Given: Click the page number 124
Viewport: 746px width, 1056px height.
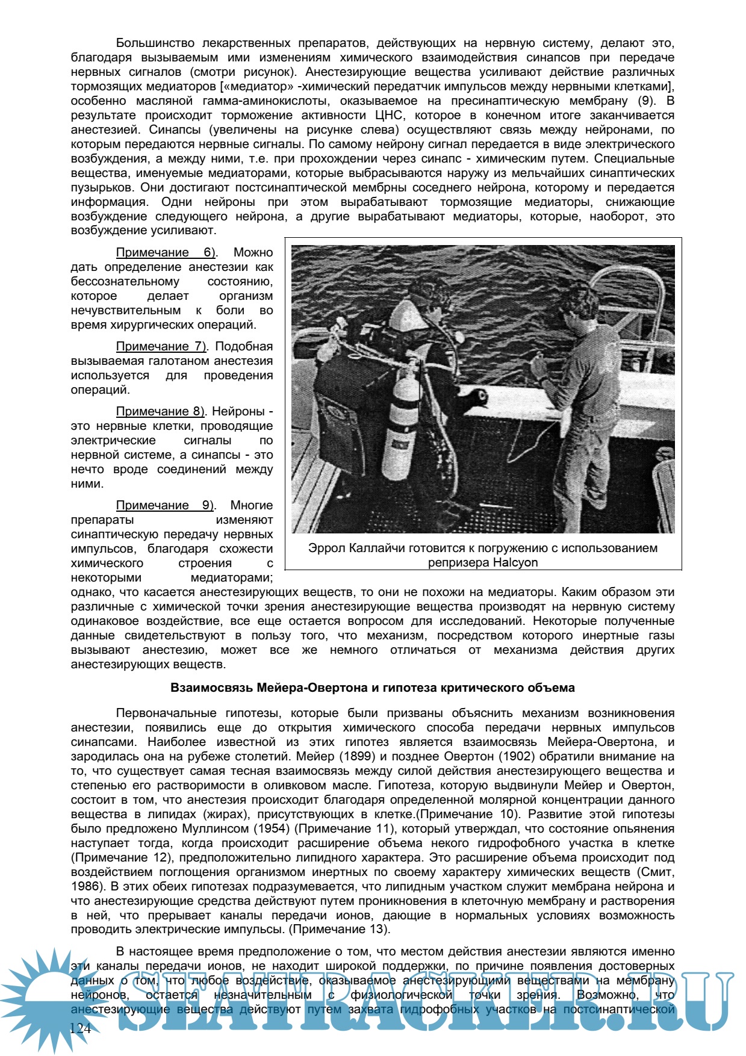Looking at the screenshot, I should click(80, 1028).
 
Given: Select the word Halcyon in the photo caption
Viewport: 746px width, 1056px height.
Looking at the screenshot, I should click(515, 563).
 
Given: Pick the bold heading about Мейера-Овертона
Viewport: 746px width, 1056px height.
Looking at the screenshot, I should click(373, 688).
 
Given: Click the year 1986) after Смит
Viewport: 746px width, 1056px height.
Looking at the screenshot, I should click(85, 887).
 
